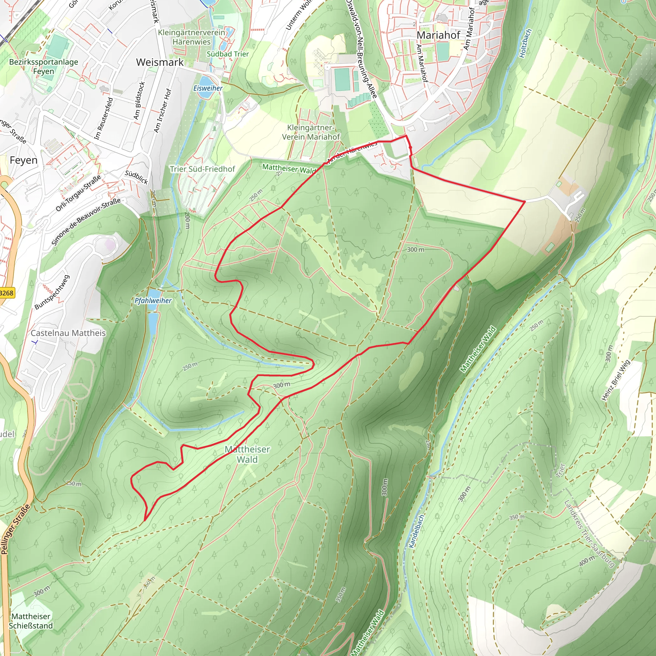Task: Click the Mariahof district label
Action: click(x=438, y=35)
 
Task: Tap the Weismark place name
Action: click(x=160, y=62)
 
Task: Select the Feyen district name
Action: click(x=23, y=160)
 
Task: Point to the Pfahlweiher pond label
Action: click(x=153, y=300)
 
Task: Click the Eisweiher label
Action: click(x=208, y=88)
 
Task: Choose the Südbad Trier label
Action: click(x=228, y=54)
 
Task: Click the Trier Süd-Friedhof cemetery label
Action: click(x=202, y=169)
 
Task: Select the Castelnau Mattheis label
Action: click(x=68, y=333)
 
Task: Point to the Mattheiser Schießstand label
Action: click(x=31, y=621)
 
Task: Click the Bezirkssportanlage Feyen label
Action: click(x=44, y=67)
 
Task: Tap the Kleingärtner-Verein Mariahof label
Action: click(x=311, y=132)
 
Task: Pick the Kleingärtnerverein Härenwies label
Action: click(x=192, y=37)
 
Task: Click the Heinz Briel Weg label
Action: click(x=616, y=380)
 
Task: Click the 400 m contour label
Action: click(x=587, y=561)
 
